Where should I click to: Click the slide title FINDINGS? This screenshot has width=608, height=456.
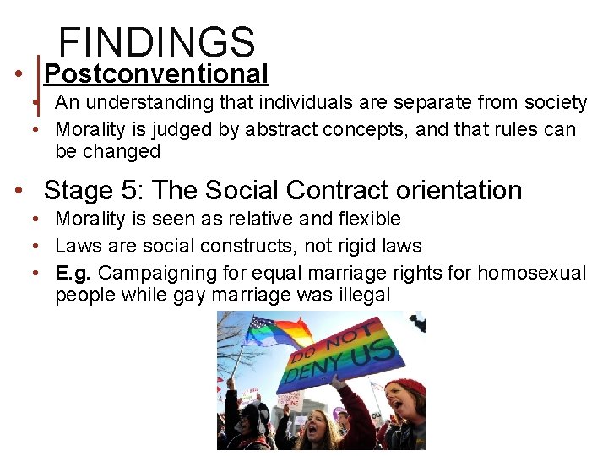pyautogui.click(x=156, y=42)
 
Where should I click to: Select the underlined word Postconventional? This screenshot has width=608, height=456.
pyautogui.click(x=156, y=74)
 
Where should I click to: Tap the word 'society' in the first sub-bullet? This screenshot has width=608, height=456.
pyautogui.click(x=554, y=103)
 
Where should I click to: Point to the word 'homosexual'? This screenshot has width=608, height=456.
pyautogui.click(x=532, y=273)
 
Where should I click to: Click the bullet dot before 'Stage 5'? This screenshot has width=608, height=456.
pyautogui.click(x=19, y=190)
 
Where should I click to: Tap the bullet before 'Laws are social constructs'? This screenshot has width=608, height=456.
pyautogui.click(x=38, y=246)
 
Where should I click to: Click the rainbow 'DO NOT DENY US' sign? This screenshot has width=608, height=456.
pyautogui.click(x=342, y=355)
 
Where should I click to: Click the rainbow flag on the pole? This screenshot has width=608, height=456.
pyautogui.click(x=279, y=332)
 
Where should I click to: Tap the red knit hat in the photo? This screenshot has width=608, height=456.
pyautogui.click(x=406, y=388)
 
